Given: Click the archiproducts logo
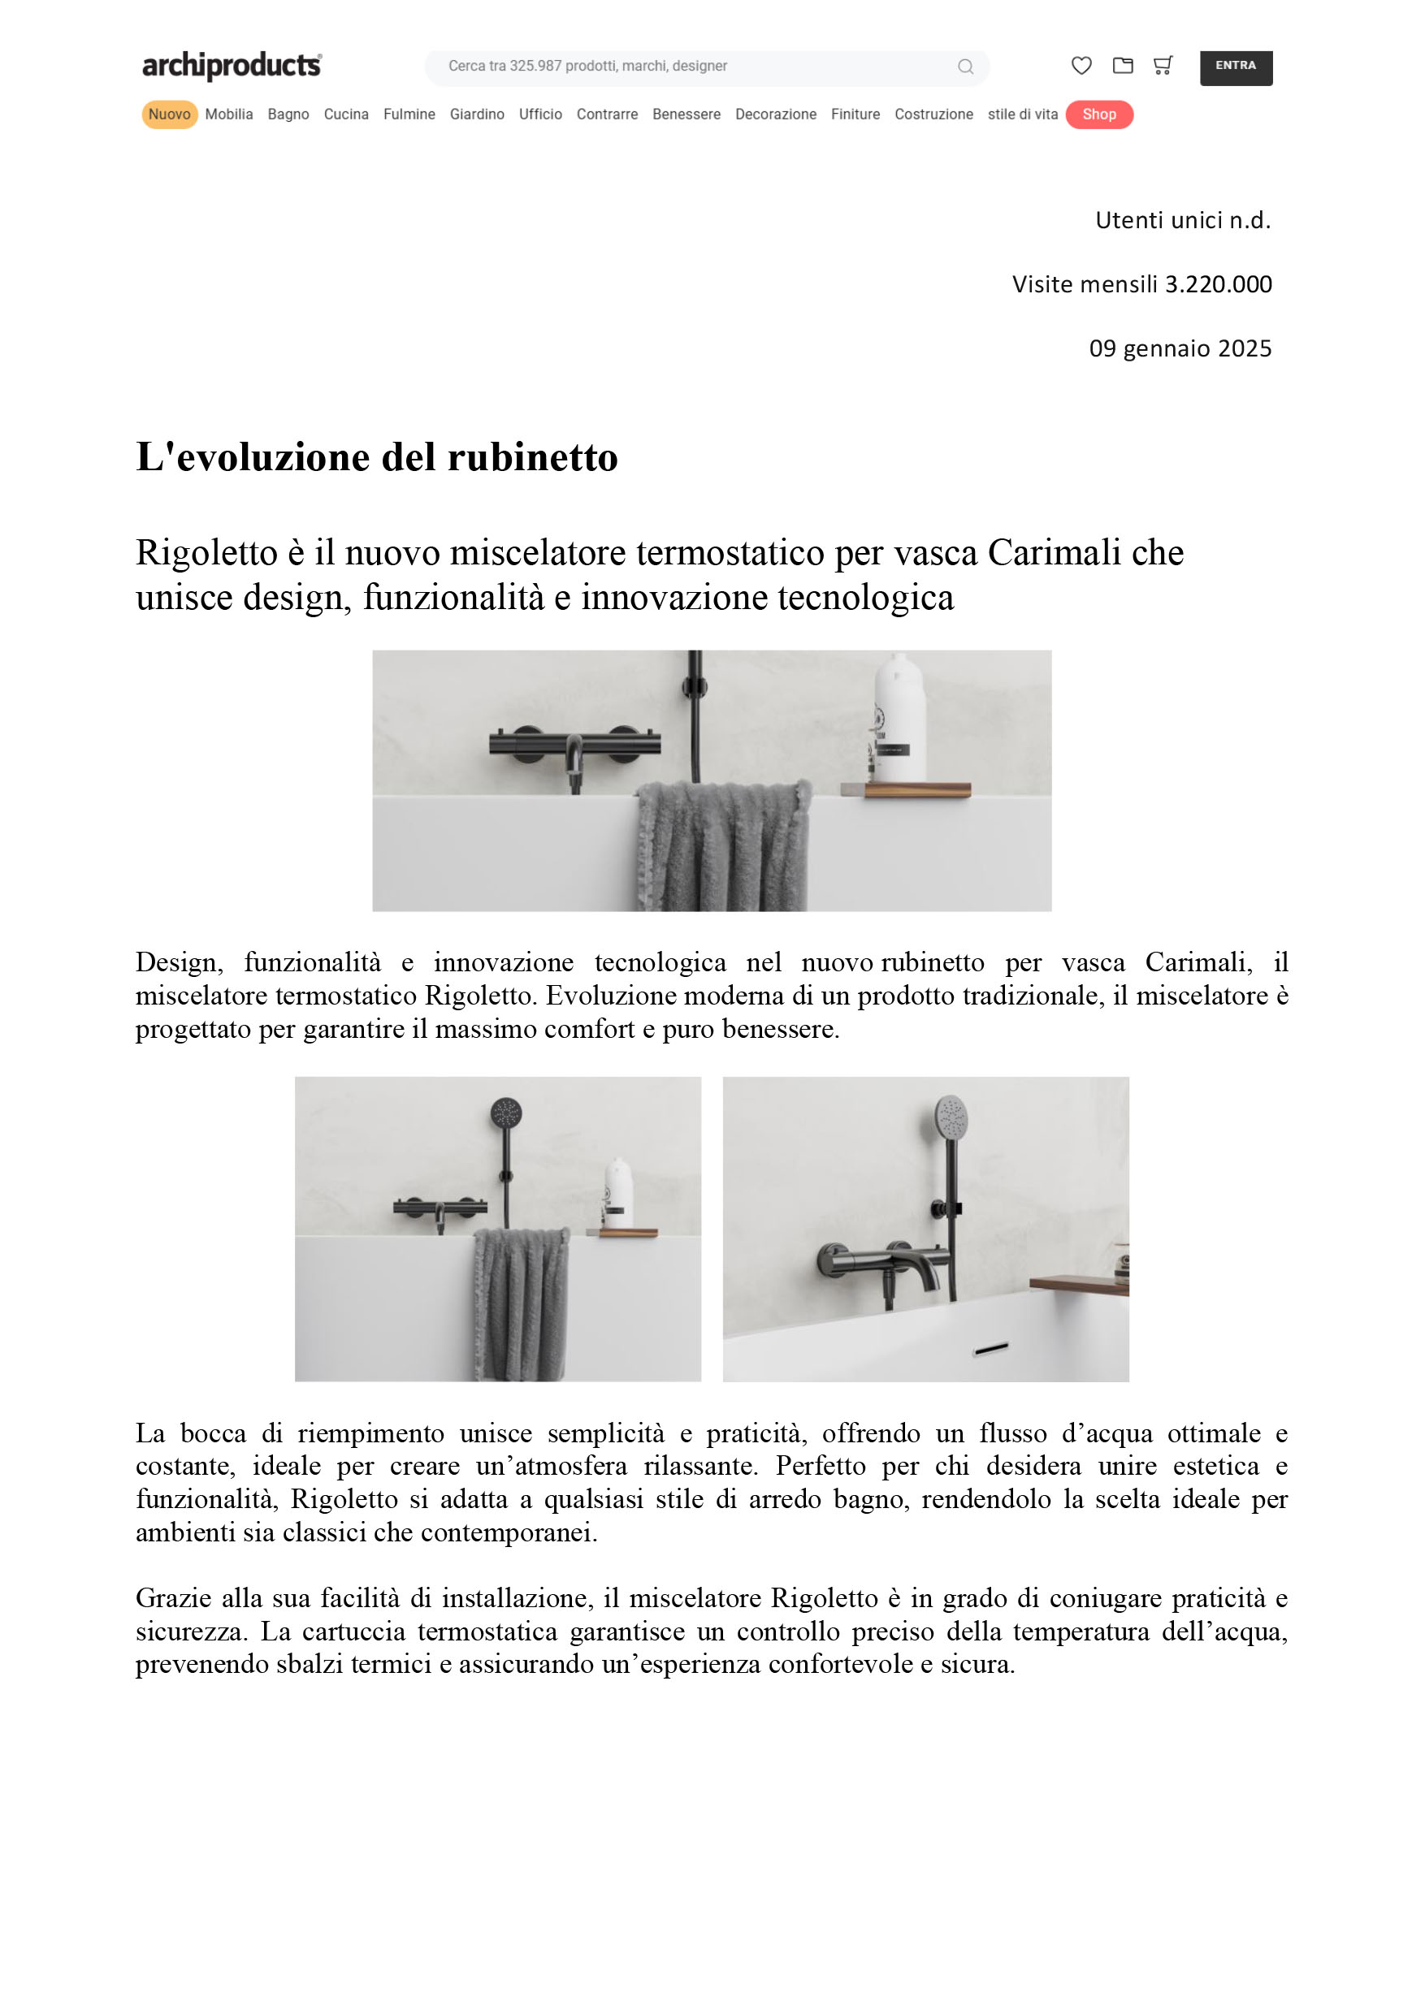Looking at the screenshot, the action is pyautogui.click(x=232, y=66).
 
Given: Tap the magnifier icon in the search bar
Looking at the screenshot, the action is pyautogui.click(x=965, y=67).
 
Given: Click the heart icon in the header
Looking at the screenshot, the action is pyautogui.click(x=1081, y=66).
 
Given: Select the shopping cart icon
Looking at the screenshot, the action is pyautogui.click(x=1163, y=66).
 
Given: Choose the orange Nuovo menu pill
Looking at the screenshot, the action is pyautogui.click(x=169, y=115).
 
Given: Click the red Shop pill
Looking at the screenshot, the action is pyautogui.click(x=1098, y=115).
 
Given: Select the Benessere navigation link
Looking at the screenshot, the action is pyautogui.click(x=687, y=115).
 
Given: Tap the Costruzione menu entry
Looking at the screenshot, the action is pyautogui.click(x=933, y=115).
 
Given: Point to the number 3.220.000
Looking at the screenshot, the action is pyautogui.click(x=1218, y=284).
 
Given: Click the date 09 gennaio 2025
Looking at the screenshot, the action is pyautogui.click(x=1180, y=349).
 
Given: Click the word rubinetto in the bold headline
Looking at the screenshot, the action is pyautogui.click(x=533, y=457).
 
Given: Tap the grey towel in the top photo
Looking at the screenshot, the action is pyautogui.click(x=722, y=845).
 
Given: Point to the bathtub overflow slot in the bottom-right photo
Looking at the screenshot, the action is pyautogui.click(x=990, y=1348).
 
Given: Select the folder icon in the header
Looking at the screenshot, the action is pyautogui.click(x=1122, y=66).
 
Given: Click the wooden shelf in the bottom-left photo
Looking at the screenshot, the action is pyautogui.click(x=628, y=1233).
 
